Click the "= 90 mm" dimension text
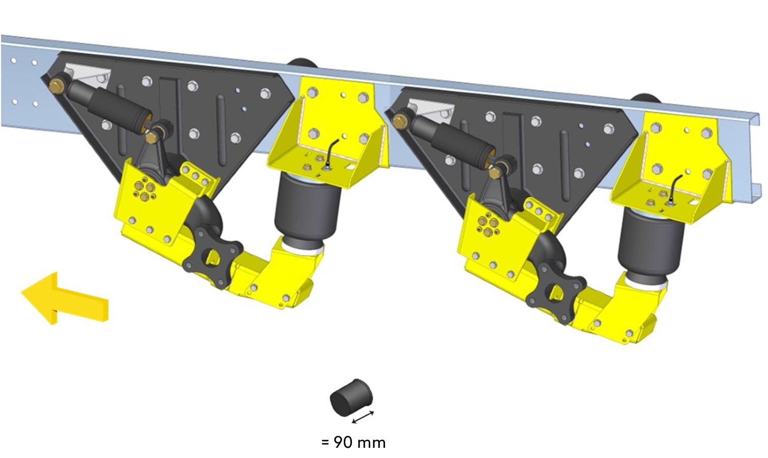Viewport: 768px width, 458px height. pos(353,443)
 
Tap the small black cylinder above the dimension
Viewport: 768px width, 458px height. pos(351,397)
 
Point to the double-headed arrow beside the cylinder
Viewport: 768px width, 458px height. pos(363,417)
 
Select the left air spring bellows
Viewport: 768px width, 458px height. pos(308,209)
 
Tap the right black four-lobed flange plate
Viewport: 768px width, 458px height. pos(556,293)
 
